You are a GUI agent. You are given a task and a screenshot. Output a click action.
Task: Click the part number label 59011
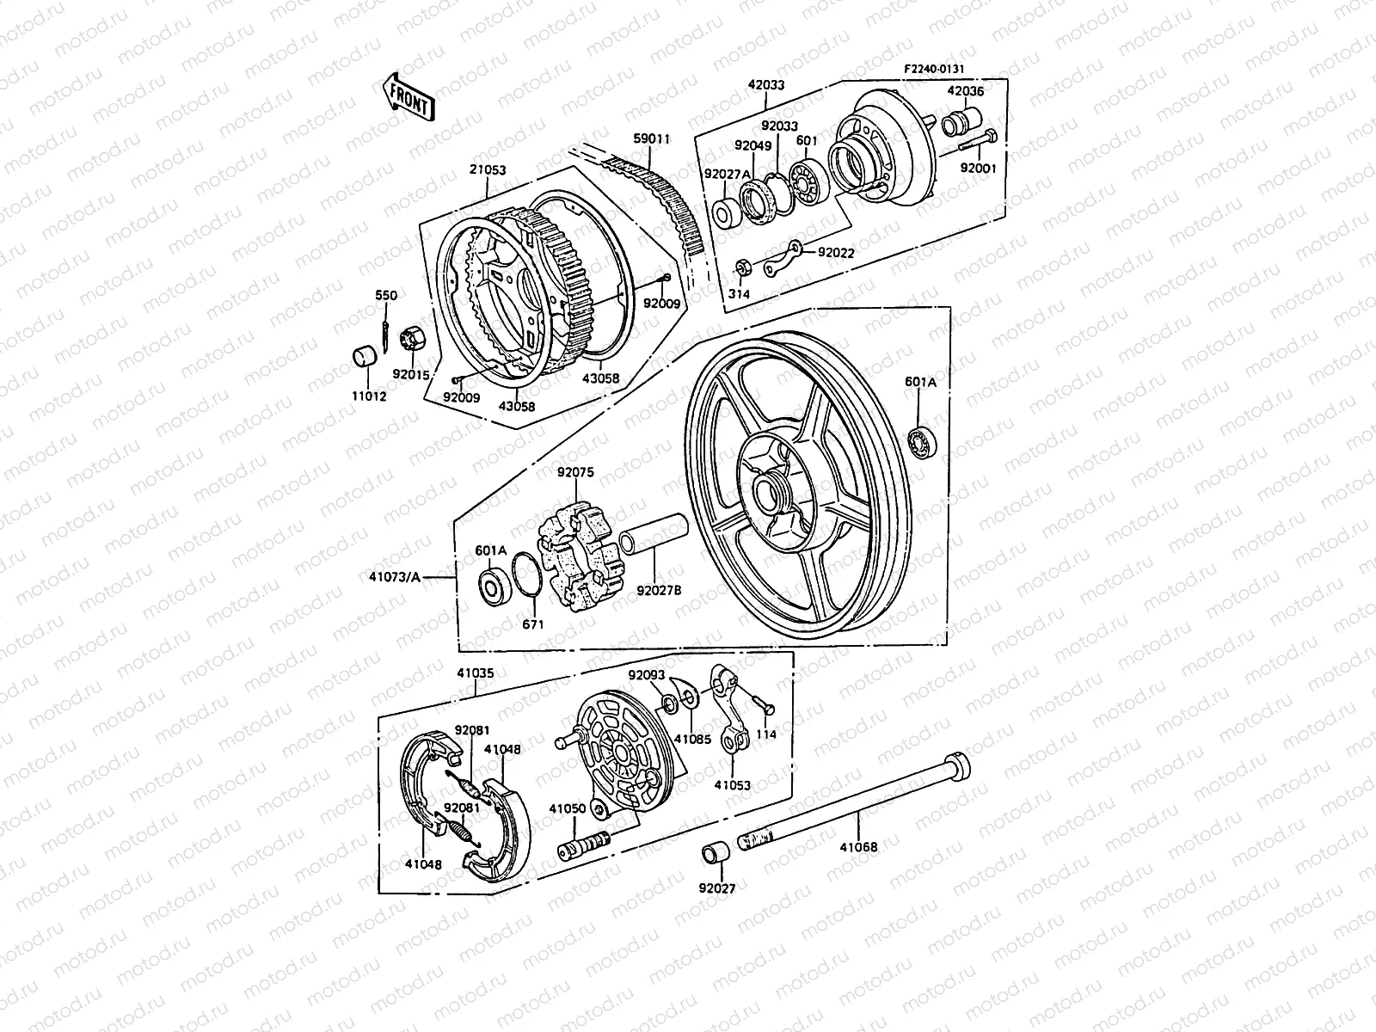tap(651, 138)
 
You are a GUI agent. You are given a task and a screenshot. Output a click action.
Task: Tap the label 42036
tap(965, 91)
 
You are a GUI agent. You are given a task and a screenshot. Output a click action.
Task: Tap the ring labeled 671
tap(527, 574)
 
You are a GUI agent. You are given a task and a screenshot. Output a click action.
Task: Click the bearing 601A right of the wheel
tap(923, 439)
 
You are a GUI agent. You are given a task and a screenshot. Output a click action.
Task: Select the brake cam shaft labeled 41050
tap(583, 846)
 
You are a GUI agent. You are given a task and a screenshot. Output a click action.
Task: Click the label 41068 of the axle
tap(859, 847)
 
